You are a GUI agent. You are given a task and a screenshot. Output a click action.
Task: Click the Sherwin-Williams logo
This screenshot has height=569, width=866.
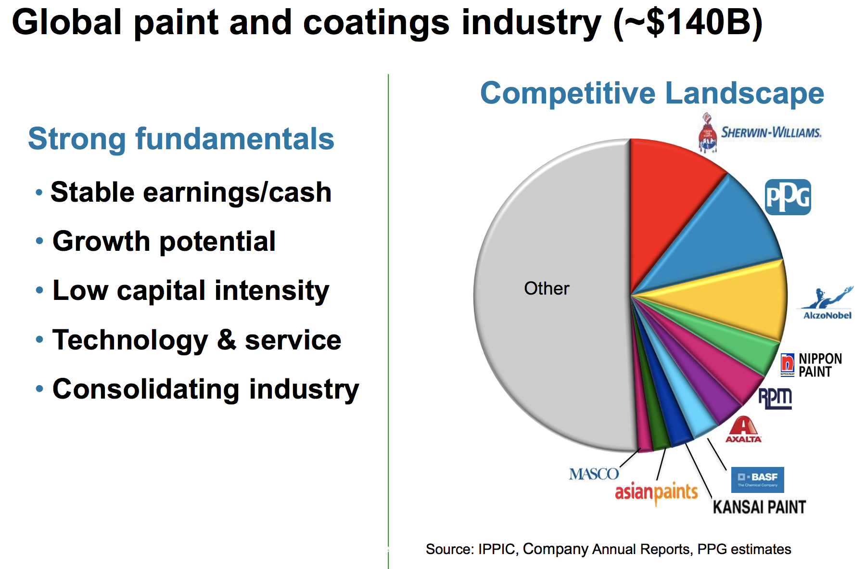click(x=760, y=132)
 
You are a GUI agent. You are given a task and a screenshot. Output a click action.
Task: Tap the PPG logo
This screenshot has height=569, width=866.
click(x=788, y=197)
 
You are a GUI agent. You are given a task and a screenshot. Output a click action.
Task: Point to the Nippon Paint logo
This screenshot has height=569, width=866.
click(x=811, y=365)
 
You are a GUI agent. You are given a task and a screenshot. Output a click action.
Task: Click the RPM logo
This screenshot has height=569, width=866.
click(x=775, y=398)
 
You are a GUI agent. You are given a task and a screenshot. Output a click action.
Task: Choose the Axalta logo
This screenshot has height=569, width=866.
click(x=743, y=430)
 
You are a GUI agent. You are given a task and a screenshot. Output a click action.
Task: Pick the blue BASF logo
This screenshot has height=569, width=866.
click(x=757, y=479)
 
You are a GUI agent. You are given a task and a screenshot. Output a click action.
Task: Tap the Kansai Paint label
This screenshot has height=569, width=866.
click(x=759, y=507)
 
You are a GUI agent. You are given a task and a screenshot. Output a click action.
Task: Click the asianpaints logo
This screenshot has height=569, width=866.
click(x=656, y=492)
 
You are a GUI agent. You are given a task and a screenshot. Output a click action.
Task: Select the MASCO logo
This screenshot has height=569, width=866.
click(x=594, y=474)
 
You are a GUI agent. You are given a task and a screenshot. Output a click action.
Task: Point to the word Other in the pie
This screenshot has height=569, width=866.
click(x=547, y=288)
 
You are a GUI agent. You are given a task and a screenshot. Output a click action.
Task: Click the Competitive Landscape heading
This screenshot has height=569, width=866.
click(x=652, y=93)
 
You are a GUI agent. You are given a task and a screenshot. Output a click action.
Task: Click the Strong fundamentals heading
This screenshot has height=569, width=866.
click(x=181, y=139)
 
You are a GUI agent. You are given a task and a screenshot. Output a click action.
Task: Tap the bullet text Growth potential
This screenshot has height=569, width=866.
click(x=164, y=241)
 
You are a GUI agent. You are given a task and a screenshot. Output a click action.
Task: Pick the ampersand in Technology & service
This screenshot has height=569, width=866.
click(x=226, y=340)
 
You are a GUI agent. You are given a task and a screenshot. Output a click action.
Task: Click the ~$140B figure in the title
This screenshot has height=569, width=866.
click(x=688, y=23)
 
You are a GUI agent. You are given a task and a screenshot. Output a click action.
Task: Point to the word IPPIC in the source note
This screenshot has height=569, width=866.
click(x=496, y=549)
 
